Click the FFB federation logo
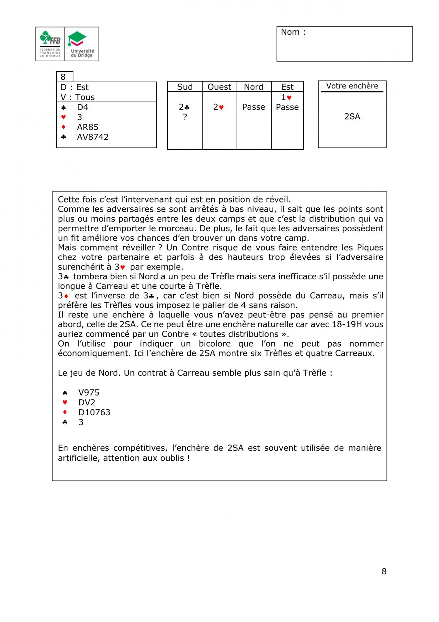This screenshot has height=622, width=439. pyautogui.click(x=50, y=44)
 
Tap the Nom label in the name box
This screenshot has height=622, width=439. pyautogui.click(x=293, y=32)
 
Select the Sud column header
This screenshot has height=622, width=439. pyautogui.click(x=185, y=87)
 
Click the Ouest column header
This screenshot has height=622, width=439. pyautogui.click(x=219, y=87)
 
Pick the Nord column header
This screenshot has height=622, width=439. pyautogui.click(x=253, y=87)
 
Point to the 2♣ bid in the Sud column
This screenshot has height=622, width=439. pyautogui.click(x=184, y=107)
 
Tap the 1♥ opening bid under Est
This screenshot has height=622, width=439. pyautogui.click(x=287, y=97)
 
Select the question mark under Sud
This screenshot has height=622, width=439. pyautogui.click(x=185, y=117)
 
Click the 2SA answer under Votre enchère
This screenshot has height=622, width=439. pyautogui.click(x=352, y=117)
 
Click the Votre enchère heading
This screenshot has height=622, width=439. pyautogui.click(x=352, y=86)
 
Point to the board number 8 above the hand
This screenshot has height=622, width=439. pyautogui.click(x=63, y=77)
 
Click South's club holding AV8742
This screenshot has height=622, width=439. pyautogui.click(x=93, y=137)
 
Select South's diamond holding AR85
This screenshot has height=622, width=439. pyautogui.click(x=87, y=127)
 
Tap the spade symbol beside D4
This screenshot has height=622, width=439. pyautogui.click(x=64, y=107)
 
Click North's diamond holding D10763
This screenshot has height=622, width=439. pyautogui.click(x=94, y=412)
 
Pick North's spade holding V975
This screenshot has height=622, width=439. pyautogui.click(x=89, y=393)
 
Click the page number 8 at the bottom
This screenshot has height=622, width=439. pyautogui.click(x=384, y=571)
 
